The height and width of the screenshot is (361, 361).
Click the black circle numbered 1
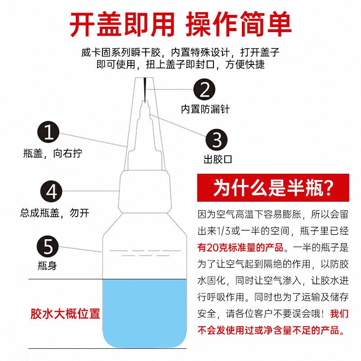[x=48, y=132]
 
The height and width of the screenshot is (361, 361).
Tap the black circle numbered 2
[x=204, y=89]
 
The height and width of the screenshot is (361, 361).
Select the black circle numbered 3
[x=217, y=140]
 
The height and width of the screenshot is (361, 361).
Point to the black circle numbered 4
[x=51, y=191]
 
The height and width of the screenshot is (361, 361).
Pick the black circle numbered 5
[x=48, y=246]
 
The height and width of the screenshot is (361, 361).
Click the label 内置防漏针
[x=205, y=109]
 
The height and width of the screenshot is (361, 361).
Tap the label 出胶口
[x=218, y=159]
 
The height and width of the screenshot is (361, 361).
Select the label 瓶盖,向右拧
[x=53, y=153]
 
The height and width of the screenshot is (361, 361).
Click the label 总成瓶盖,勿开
[x=55, y=213]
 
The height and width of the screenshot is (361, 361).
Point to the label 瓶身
[x=47, y=265]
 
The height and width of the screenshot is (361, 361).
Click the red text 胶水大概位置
[x=65, y=314]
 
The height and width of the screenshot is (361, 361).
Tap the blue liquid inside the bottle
[x=144, y=313]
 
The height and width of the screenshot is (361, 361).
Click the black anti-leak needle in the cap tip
[x=145, y=89]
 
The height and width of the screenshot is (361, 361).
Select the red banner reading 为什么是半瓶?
[x=273, y=188]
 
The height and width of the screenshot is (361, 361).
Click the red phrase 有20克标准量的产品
[x=241, y=247]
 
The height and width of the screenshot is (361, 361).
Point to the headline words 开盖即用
[x=122, y=24]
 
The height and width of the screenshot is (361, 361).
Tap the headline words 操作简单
[x=238, y=24]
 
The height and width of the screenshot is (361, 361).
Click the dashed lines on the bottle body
[x=145, y=253]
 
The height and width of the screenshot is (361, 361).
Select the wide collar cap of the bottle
[x=145, y=191]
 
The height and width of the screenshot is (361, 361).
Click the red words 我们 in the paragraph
[x=339, y=314]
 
